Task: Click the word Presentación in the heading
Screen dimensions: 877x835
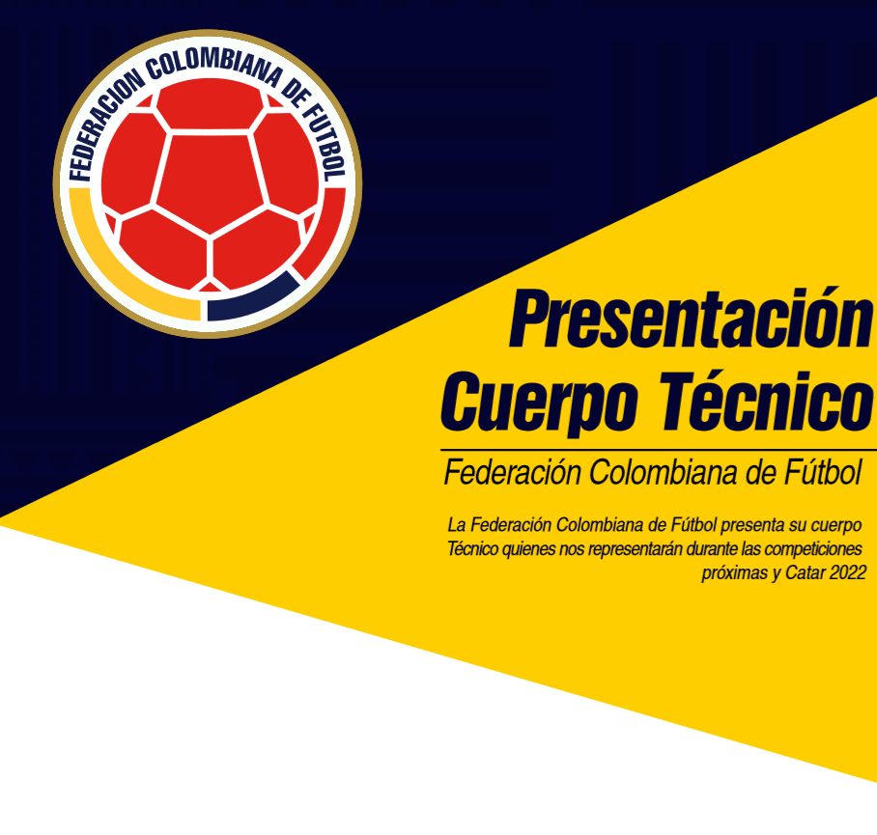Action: point(692,318)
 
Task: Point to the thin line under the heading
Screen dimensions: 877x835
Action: point(659,450)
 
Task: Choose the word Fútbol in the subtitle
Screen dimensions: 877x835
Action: point(823,473)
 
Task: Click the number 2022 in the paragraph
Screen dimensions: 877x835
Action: point(848,572)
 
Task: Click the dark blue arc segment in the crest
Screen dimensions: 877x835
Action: point(253,300)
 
